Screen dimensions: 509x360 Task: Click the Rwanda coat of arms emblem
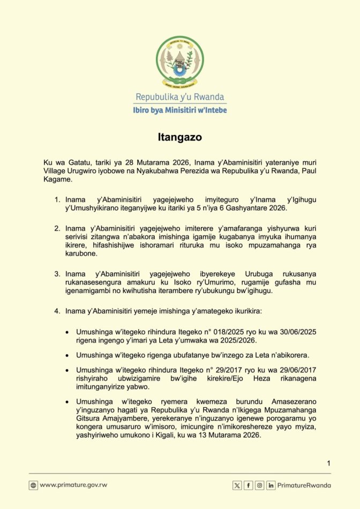[180, 61]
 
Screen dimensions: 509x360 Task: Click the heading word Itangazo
[180, 137]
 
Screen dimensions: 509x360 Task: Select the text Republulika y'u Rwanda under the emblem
[180, 97]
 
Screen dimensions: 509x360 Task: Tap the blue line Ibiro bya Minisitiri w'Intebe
[180, 110]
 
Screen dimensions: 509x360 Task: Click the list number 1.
[57, 199]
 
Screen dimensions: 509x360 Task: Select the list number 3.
[57, 274]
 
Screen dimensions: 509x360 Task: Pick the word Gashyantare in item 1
[250, 208]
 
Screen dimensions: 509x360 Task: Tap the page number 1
[328, 463]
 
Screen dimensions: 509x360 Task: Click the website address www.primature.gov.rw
[73, 485]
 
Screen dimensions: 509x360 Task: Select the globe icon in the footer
[33, 485]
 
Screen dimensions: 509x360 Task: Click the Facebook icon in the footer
[249, 485]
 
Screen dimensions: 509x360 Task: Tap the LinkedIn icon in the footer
[271, 485]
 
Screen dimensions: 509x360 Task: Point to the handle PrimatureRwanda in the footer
[304, 485]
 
